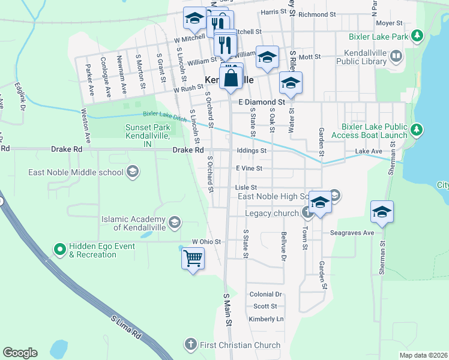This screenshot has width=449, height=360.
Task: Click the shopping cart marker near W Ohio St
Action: pyautogui.click(x=193, y=259)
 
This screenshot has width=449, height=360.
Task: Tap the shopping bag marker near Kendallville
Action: pyautogui.click(x=231, y=77)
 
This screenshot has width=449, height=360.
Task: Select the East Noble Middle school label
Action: pyautogui.click(x=76, y=173)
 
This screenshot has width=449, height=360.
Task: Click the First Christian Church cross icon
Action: pyautogui.click(x=190, y=345)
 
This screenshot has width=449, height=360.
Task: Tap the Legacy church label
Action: pyautogui.click(x=271, y=213)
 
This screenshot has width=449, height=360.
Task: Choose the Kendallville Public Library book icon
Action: pyautogui.click(x=396, y=57)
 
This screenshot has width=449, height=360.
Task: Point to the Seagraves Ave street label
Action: pyautogui.click(x=352, y=233)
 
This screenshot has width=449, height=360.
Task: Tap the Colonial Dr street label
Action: pyautogui.click(x=265, y=295)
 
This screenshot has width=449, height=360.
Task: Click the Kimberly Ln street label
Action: pyautogui.click(x=265, y=319)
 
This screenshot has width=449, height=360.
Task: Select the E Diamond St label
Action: pyautogui.click(x=261, y=102)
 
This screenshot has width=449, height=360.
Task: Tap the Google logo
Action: pyautogui.click(x=20, y=353)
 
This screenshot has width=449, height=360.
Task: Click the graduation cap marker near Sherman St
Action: pyautogui.click(x=382, y=212)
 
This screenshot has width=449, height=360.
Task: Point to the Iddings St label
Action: pyautogui.click(x=251, y=151)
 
